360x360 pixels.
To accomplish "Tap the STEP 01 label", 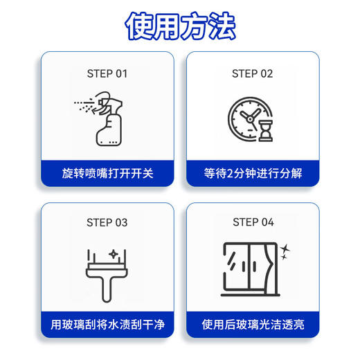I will coord(107,73).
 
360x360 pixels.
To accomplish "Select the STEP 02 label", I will coord(253,73).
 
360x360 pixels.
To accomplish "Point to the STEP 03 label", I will coord(107,222).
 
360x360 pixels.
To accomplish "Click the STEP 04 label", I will coord(253,222).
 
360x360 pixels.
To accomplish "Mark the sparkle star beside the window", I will coord(286,248).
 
